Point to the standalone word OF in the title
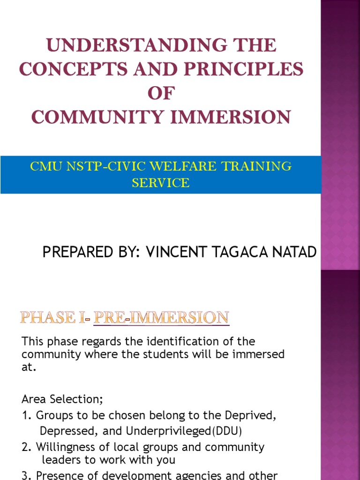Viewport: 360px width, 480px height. point(161,93)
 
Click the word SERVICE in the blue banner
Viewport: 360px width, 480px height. point(161,183)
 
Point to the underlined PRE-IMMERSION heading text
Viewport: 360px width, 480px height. point(161,318)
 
